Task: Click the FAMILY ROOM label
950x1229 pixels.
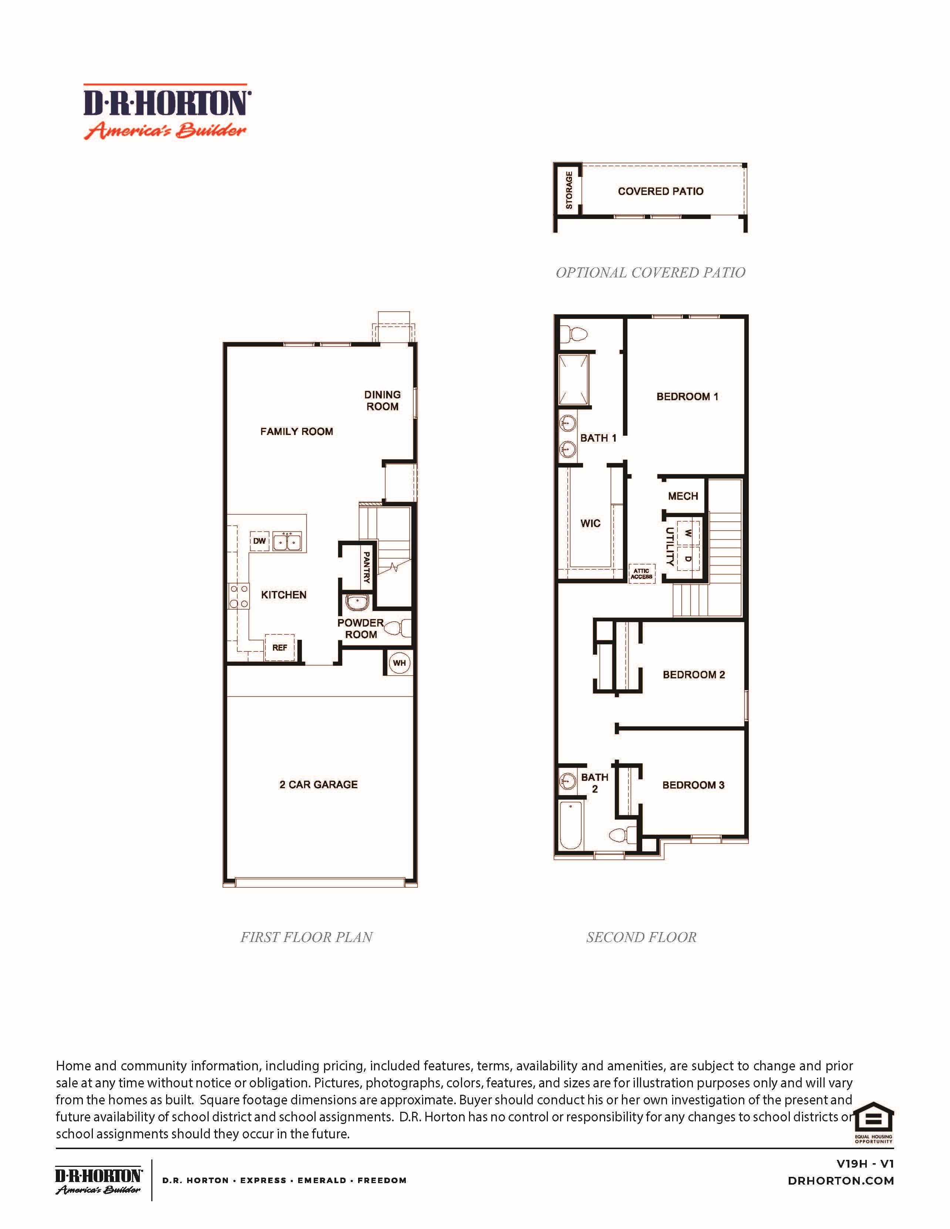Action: [x=297, y=432]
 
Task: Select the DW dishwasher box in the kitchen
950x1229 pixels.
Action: [x=259, y=541]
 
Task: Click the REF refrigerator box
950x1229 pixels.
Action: [x=280, y=648]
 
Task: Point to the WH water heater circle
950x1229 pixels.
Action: [x=399, y=663]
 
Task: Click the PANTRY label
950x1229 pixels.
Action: [x=366, y=567]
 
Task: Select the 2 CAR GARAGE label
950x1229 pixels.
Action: [x=319, y=784]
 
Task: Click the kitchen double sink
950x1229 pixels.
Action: [x=287, y=542]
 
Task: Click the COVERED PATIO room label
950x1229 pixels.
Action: [x=661, y=191]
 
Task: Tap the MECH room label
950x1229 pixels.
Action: [x=683, y=496]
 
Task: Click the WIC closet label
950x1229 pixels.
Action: [x=590, y=523]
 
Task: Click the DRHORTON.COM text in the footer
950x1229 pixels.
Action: [x=841, y=1181]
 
